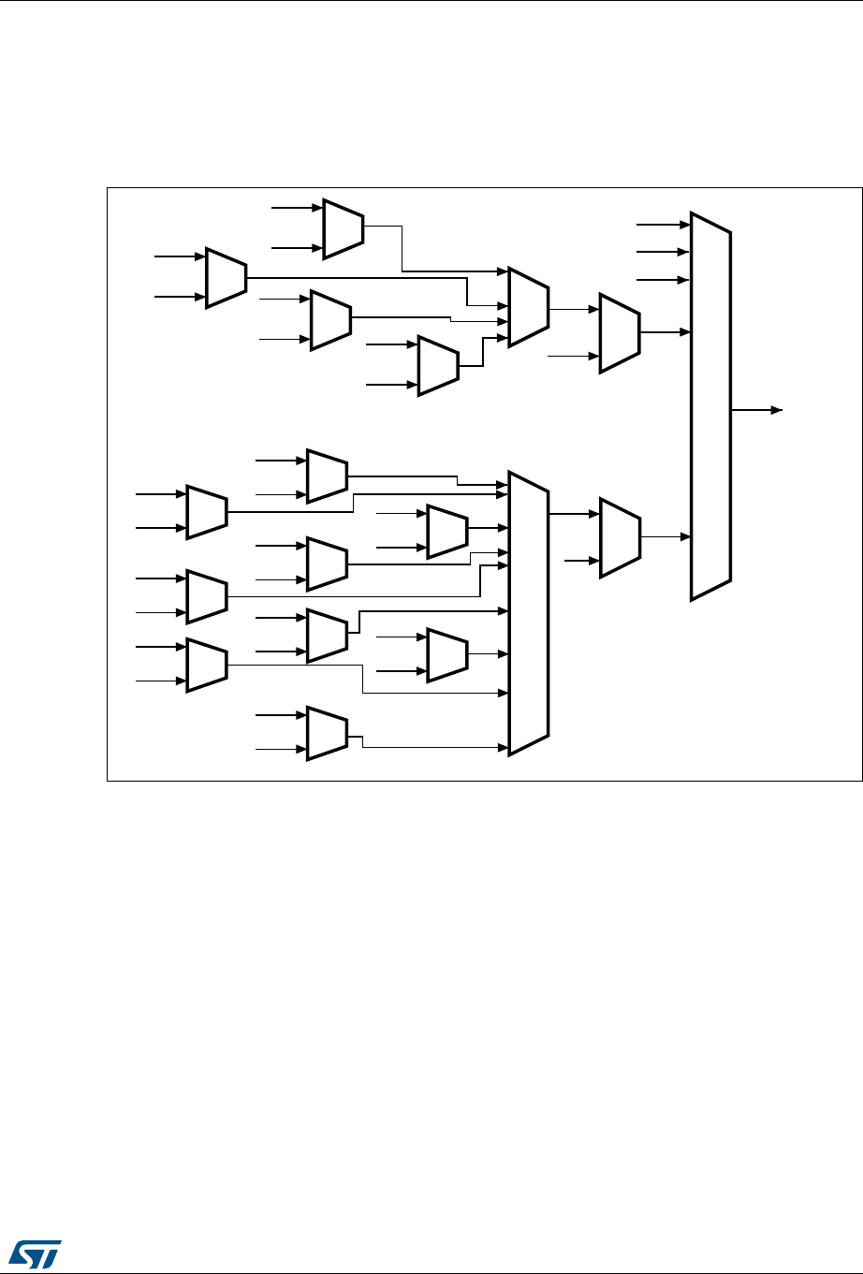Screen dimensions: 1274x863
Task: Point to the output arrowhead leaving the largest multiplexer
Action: (776, 410)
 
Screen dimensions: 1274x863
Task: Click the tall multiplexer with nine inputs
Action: (528, 612)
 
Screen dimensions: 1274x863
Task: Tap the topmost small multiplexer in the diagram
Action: (343, 227)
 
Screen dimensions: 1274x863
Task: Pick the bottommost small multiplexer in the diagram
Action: (327, 733)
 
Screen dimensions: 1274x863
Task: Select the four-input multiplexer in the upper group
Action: (528, 307)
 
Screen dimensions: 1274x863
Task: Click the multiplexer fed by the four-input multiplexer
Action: (619, 332)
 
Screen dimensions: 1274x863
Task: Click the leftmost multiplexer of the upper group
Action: (226, 278)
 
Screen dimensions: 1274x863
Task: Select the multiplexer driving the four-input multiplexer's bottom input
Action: (438, 365)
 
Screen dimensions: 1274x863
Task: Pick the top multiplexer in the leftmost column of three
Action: (207, 512)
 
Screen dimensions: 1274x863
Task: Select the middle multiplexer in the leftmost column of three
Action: (207, 595)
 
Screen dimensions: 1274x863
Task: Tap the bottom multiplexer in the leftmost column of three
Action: (207, 665)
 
